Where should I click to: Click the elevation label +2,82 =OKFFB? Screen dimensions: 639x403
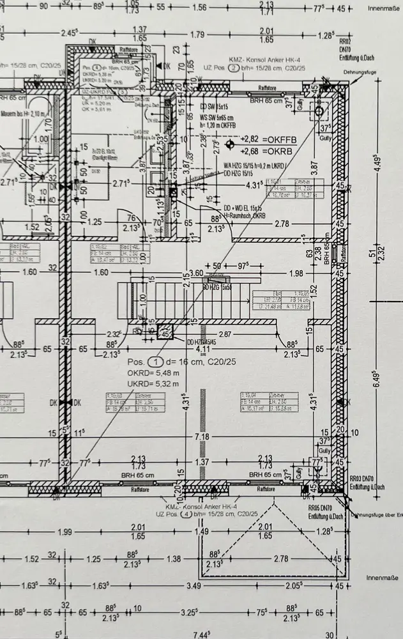pos(269,139)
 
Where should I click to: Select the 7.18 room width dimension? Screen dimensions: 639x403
pos(202,437)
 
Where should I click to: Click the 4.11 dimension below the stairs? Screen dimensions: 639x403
pos(203,349)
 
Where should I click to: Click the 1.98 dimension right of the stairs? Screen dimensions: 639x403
pos(296,273)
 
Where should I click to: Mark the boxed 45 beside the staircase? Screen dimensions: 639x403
pos(165,333)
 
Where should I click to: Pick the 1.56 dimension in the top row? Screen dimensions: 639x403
pos(199,8)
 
